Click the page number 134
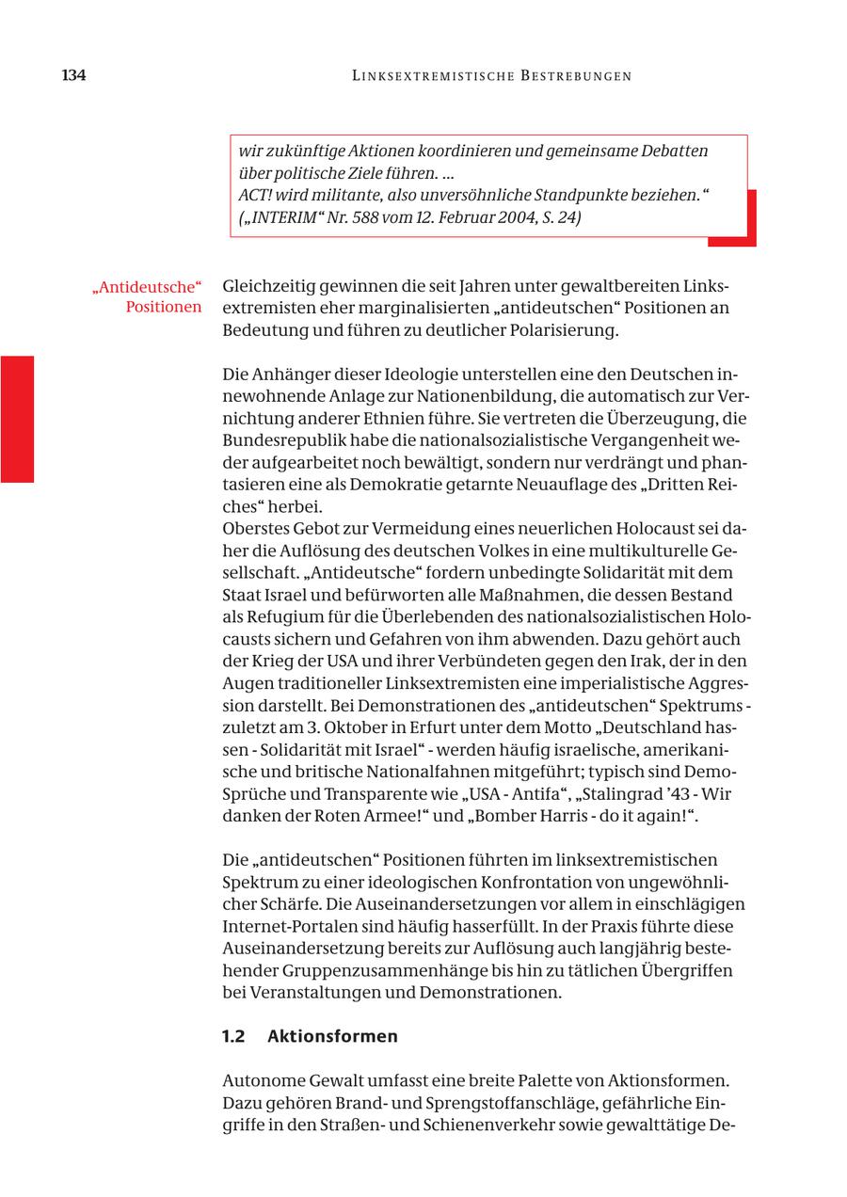(73, 76)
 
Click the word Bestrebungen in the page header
(575, 76)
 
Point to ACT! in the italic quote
(255, 196)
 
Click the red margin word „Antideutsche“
(148, 286)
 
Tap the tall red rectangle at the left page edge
(17, 419)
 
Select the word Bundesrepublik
(280, 440)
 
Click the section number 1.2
(233, 1036)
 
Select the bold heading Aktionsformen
(332, 1036)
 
